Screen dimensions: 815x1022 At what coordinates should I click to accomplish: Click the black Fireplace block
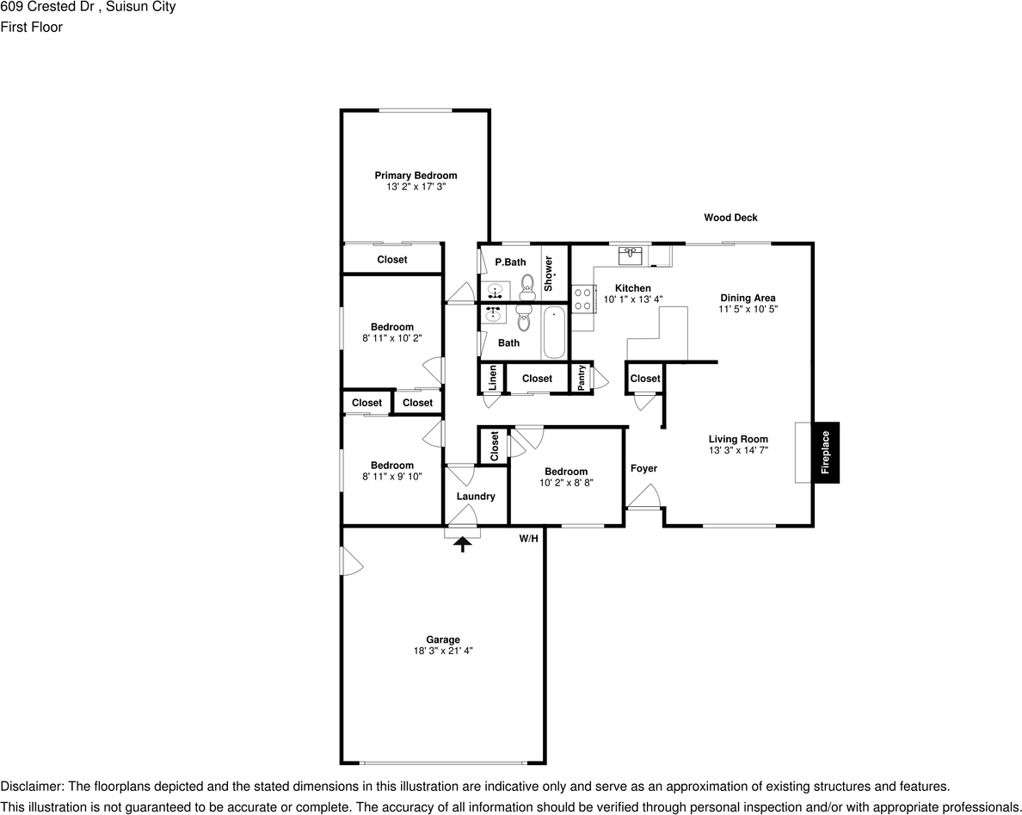click(x=825, y=452)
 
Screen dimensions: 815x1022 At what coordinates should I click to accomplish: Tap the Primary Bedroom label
click(x=416, y=176)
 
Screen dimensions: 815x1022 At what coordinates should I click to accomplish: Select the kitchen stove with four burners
click(x=582, y=299)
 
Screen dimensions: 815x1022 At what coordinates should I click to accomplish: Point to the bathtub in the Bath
click(x=555, y=333)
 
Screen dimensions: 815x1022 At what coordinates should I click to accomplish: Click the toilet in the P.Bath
click(x=527, y=282)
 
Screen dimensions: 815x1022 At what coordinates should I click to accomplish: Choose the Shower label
click(x=549, y=273)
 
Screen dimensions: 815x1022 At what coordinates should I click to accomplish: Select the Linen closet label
click(x=493, y=378)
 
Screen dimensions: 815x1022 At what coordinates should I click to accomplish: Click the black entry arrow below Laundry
click(x=463, y=543)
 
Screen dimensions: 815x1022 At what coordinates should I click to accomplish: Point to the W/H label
click(x=528, y=539)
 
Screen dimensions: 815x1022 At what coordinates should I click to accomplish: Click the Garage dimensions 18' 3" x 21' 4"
click(x=443, y=651)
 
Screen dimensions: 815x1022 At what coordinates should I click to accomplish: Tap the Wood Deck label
click(x=730, y=218)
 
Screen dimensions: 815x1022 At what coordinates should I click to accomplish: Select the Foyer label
click(x=643, y=468)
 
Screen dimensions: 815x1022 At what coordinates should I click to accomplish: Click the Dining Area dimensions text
click(x=748, y=309)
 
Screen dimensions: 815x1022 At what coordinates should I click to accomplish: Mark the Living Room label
click(x=738, y=439)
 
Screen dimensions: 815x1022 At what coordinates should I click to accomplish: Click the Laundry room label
click(x=476, y=497)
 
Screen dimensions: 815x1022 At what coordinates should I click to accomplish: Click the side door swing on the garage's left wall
click(x=351, y=563)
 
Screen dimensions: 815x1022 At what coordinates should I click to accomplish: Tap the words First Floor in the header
click(x=31, y=27)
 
